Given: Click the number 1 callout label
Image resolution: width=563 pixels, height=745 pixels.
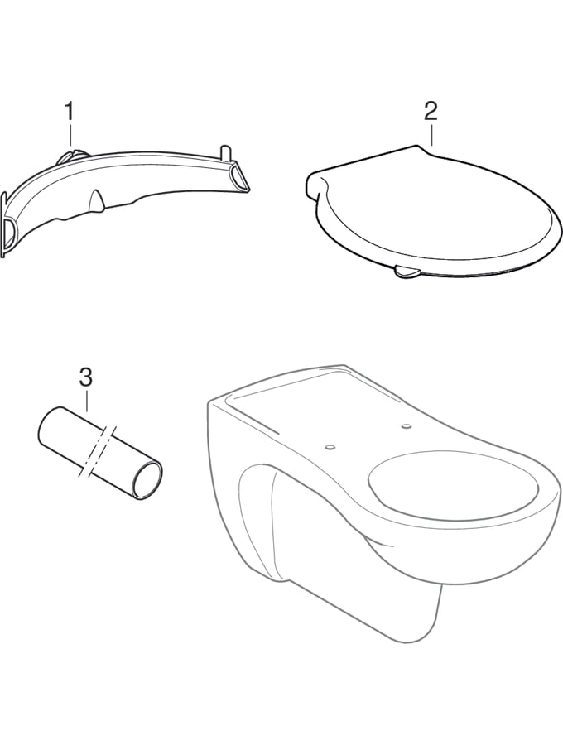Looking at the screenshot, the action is tap(70, 112).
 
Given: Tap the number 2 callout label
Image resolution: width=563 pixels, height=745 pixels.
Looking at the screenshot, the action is tap(431, 111).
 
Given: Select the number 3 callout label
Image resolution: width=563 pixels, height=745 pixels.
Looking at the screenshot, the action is tap(86, 377).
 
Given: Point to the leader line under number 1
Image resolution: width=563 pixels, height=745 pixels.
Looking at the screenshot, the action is tap(70, 134).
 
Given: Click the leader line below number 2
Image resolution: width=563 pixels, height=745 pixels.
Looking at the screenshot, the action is tap(431, 134).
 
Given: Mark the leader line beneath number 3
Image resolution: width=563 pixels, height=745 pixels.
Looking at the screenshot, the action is tap(86, 400).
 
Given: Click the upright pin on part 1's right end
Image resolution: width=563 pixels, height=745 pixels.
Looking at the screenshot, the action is tap(224, 154).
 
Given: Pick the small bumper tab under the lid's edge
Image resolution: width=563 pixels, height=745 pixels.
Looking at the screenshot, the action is tap(406, 272).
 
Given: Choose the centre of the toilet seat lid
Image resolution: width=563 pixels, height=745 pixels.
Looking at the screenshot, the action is tap(431, 214).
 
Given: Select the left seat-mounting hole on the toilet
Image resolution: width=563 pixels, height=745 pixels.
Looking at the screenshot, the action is tap(330, 448).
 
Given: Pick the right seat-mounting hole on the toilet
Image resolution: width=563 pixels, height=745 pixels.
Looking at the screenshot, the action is tap(407, 425).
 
